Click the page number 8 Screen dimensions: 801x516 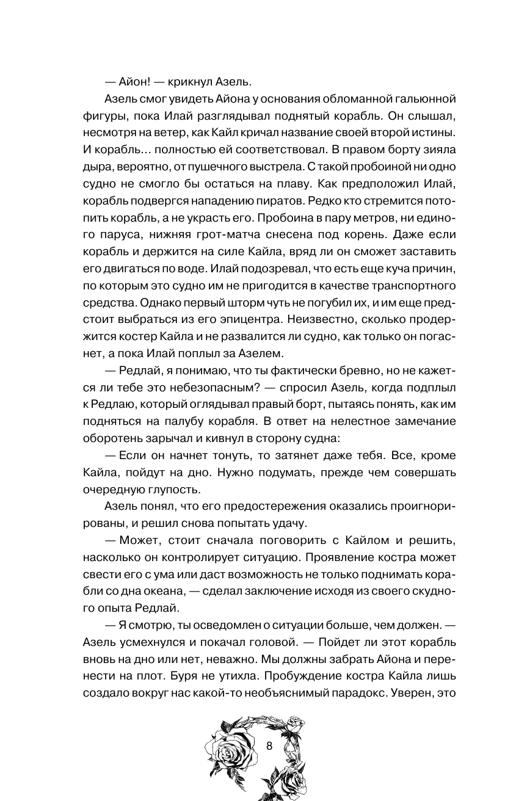(269, 747)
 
